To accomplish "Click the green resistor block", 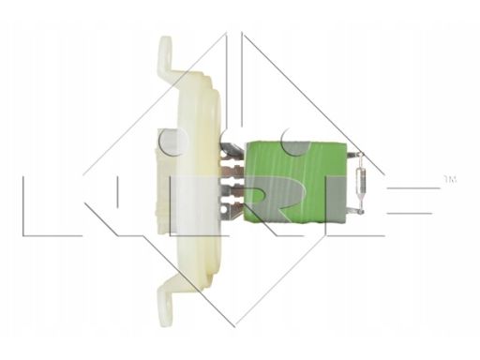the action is coord(296,183).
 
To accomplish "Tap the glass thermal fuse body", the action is coord(360,183).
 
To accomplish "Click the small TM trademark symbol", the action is coord(451,179).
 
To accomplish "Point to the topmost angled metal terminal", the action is coord(232,149).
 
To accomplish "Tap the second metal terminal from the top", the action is coord(232,170).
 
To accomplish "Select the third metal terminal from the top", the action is coord(232,190).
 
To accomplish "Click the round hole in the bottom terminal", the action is coord(224,208).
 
